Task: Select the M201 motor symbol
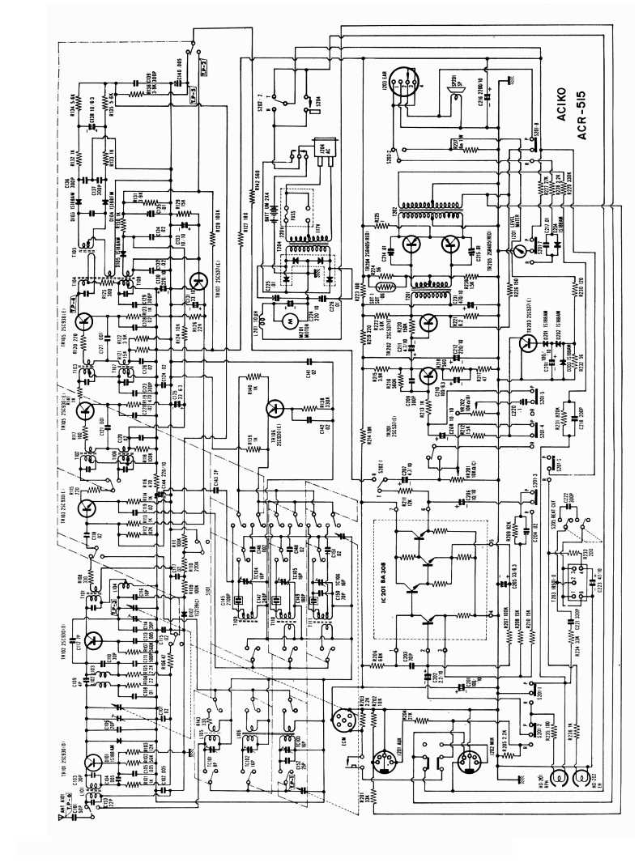pos(285,321)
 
